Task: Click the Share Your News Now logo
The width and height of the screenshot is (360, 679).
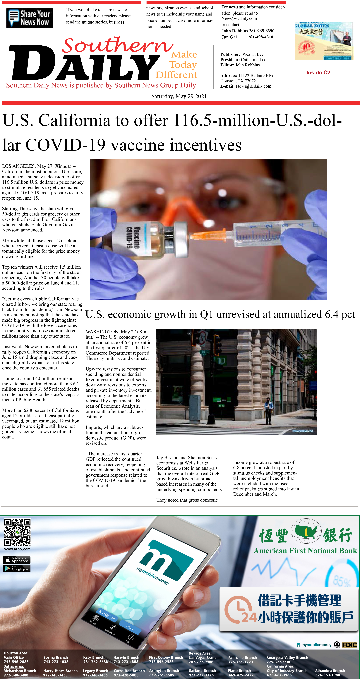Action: (30, 18)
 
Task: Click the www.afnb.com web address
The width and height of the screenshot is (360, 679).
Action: (17, 549)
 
